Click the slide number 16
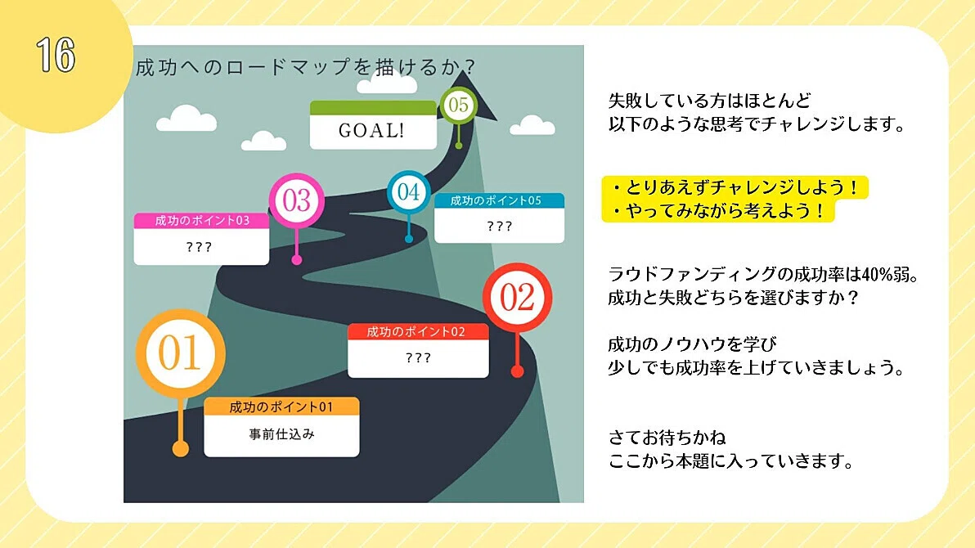pos(56,55)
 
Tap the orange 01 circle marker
pos(180,353)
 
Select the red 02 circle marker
pos(517,297)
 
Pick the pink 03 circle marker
pos(297,200)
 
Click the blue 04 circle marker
pos(408,191)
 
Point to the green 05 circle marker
pos(458,105)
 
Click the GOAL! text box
pos(373,125)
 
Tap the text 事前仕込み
pos(281,434)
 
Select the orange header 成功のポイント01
pos(281,407)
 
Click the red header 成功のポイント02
pos(418,331)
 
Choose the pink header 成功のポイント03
pos(201,221)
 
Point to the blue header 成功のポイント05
pos(499,200)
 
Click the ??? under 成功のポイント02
pos(418,357)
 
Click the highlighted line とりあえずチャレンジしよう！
pos(735,187)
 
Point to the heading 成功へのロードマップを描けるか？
pos(306,66)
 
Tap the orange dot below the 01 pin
pos(180,448)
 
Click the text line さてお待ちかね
pos(667,438)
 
